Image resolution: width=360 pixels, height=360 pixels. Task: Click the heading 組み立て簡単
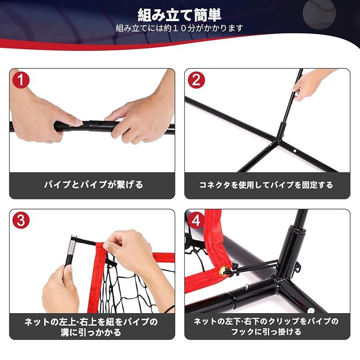(x=180, y=15)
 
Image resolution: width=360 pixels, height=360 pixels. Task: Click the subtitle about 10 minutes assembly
(x=180, y=28)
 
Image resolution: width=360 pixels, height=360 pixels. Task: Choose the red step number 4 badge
(x=196, y=220)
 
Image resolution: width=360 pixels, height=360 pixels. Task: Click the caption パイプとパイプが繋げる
(x=93, y=184)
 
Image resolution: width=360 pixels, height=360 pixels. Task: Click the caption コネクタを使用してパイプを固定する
(x=266, y=184)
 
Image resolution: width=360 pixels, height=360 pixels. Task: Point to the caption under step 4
(x=266, y=327)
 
